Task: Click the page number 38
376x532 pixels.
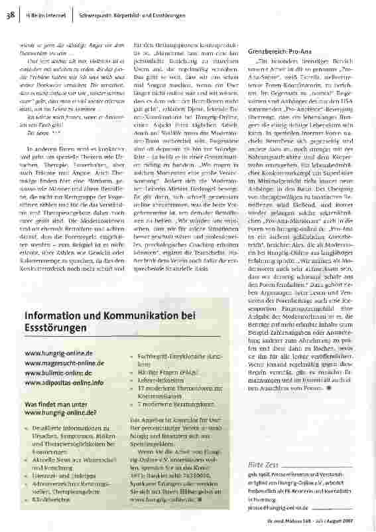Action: click(11, 12)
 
